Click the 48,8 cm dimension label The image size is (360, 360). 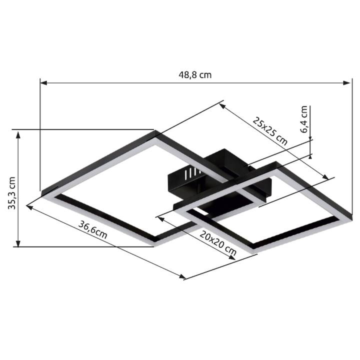point(195,75)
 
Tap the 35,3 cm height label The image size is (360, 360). point(11,193)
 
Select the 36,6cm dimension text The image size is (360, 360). point(93,229)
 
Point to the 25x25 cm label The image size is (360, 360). point(270,131)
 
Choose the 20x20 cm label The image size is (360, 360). point(218,243)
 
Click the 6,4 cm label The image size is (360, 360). point(303,119)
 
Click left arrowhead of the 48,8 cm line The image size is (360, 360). point(43,82)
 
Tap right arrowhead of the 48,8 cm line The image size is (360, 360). point(346,82)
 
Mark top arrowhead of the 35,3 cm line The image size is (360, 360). point(18,135)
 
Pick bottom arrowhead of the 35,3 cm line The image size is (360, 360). point(18,243)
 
